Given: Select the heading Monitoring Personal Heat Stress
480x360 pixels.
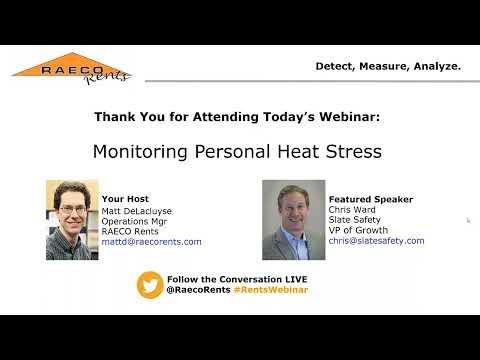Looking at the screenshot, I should [x=238, y=154].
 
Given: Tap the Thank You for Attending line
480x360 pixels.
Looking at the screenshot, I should [x=237, y=117].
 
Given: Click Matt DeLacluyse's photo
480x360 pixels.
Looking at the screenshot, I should [x=71, y=219].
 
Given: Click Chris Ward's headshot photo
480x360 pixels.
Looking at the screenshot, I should [x=294, y=219].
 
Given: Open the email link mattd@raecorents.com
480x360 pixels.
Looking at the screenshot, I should [x=151, y=242].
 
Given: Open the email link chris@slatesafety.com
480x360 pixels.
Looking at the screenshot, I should [x=376, y=241].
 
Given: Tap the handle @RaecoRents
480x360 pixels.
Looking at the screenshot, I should [x=196, y=290].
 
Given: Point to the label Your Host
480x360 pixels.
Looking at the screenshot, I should [x=125, y=199].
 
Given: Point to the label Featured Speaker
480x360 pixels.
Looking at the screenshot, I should [x=370, y=199].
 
